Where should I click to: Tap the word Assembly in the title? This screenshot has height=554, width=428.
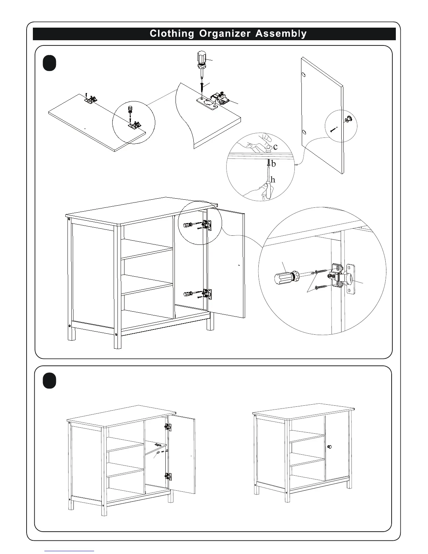click(x=281, y=34)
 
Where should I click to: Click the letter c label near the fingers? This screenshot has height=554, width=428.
click(x=275, y=147)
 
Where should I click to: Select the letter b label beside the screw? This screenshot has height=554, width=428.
click(x=273, y=164)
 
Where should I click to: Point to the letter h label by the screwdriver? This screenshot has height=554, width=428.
click(x=273, y=180)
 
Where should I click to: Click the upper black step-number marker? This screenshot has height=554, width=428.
click(x=50, y=64)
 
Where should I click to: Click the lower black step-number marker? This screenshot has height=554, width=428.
click(x=50, y=381)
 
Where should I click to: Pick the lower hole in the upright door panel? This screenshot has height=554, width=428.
click(x=304, y=133)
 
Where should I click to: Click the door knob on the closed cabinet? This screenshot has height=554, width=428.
click(x=329, y=447)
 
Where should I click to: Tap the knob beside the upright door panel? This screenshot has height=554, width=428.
click(x=348, y=120)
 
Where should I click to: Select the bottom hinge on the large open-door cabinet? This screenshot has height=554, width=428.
click(x=207, y=293)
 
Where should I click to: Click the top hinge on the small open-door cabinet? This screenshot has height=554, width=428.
click(x=168, y=427)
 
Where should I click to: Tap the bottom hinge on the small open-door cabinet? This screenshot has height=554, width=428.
click(x=168, y=476)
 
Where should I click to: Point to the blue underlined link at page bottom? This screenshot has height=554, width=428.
click(x=69, y=551)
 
